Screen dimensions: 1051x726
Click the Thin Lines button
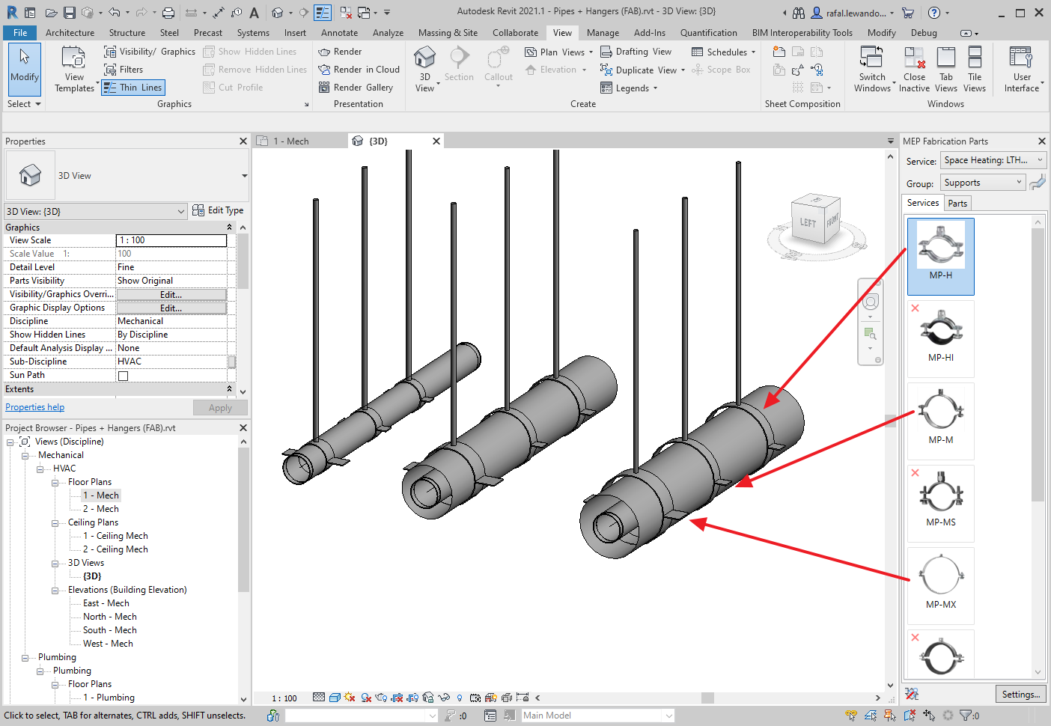point(132,88)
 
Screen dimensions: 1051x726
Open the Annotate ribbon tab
point(339,33)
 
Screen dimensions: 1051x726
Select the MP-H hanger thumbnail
point(940,256)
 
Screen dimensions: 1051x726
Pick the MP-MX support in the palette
point(940,585)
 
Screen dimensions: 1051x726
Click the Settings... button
point(1021,694)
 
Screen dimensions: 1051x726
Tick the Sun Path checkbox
point(123,376)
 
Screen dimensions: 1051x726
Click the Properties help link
point(34,407)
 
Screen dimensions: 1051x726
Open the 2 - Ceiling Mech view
point(115,549)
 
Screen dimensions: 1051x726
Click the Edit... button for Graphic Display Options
point(171,308)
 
